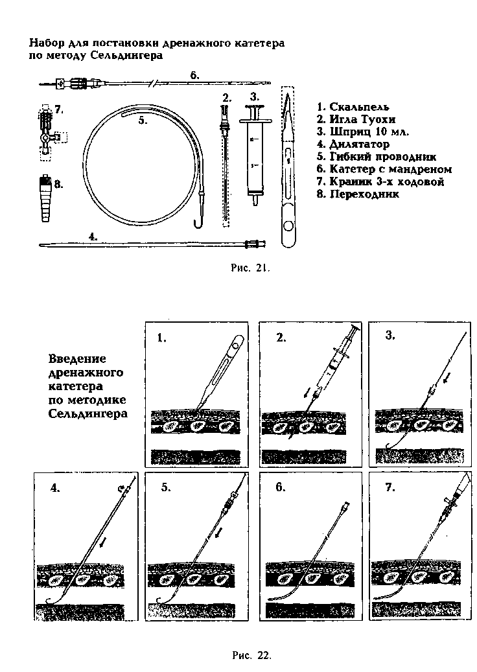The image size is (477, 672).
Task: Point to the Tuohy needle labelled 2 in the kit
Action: click(225, 162)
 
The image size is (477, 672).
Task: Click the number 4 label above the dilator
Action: click(93, 237)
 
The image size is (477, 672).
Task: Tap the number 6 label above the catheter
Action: click(194, 75)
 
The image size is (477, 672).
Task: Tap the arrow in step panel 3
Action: click(447, 377)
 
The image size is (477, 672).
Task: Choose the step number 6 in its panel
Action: click(279, 488)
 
